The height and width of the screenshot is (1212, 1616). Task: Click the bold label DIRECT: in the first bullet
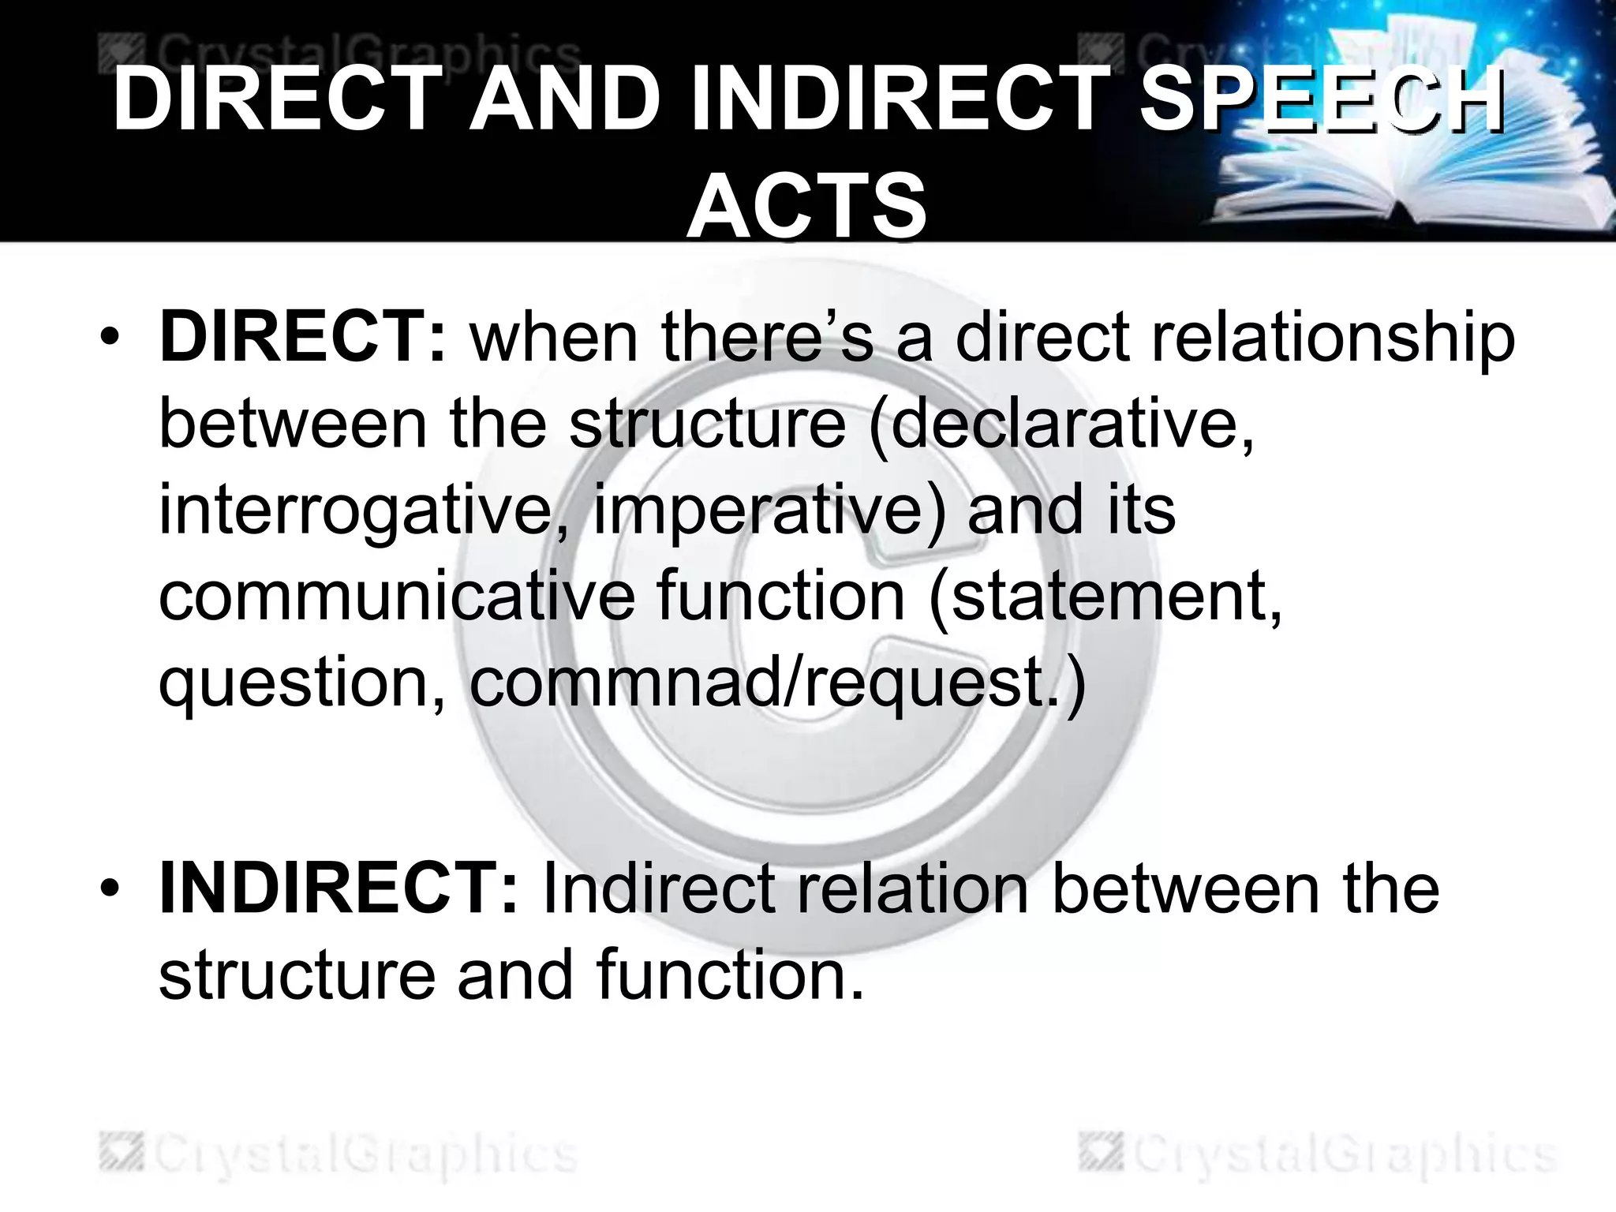point(303,338)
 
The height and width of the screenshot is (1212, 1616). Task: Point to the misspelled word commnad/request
point(778,682)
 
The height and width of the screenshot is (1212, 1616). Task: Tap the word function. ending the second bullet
point(731,975)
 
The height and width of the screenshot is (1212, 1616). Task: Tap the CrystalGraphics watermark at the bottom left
point(339,1156)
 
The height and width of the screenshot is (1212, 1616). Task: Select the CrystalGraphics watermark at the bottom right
point(1318,1156)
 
